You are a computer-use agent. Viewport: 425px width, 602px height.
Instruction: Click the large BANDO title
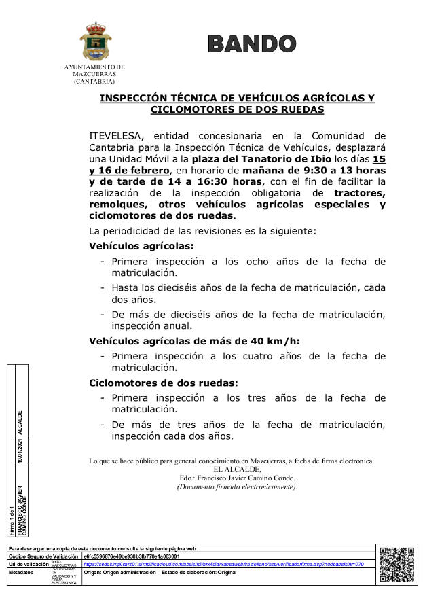[x=252, y=43]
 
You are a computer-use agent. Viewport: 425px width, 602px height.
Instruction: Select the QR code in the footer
[x=396, y=565]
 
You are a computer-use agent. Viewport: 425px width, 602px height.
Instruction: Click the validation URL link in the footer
[x=223, y=564]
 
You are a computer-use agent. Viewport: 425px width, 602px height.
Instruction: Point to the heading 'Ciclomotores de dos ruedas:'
[x=163, y=383]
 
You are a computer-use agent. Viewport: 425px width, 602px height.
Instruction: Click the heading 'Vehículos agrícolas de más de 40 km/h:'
[x=194, y=341]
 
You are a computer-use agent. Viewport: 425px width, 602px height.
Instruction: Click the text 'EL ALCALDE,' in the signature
[x=237, y=470]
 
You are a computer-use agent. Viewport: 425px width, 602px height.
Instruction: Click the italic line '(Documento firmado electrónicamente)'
[x=237, y=486]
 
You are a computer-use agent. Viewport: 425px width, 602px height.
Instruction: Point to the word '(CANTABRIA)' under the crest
[x=94, y=81]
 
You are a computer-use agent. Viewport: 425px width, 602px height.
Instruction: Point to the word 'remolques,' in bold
[x=119, y=205]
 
